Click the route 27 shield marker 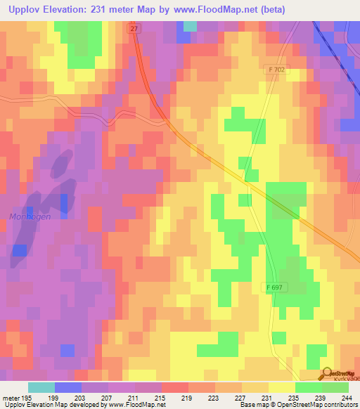click(x=134, y=28)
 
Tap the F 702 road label click(x=277, y=70)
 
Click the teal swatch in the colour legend click(x=41, y=387)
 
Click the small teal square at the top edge click(x=190, y=26)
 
